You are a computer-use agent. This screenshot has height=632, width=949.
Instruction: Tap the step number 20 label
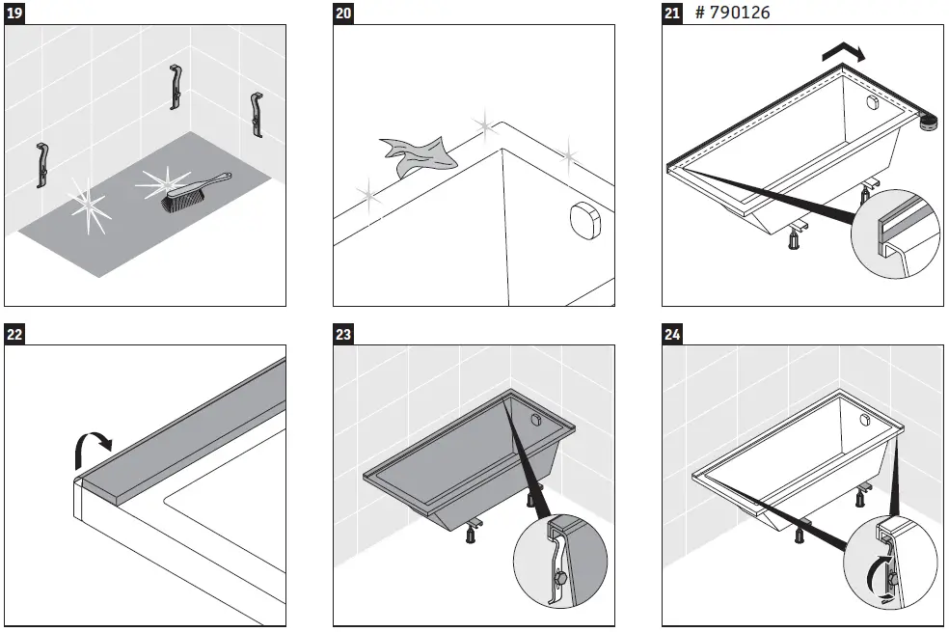pos(343,14)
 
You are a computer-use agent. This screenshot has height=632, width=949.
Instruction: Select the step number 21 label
pos(672,14)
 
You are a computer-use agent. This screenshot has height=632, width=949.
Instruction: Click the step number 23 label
pos(343,335)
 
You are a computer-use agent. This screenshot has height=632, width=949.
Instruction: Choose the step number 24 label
pos(672,335)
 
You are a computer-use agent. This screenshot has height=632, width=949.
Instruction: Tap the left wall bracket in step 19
pos(42,165)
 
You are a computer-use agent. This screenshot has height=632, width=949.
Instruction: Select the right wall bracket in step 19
pos(256,115)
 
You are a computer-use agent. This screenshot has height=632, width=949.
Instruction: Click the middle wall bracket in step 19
pos(176,88)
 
